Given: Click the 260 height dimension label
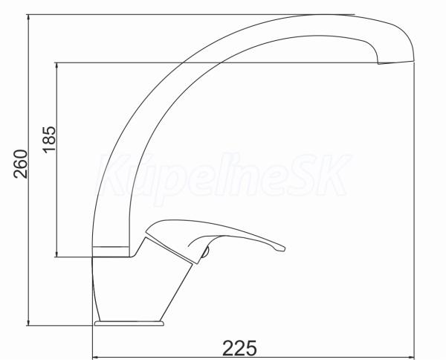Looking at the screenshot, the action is [x=21, y=164].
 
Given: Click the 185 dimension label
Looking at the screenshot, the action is [x=50, y=139].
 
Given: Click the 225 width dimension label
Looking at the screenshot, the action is [x=239, y=348].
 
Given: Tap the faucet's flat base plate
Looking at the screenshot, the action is [x=129, y=324].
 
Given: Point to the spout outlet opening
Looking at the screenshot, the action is [x=396, y=62].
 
